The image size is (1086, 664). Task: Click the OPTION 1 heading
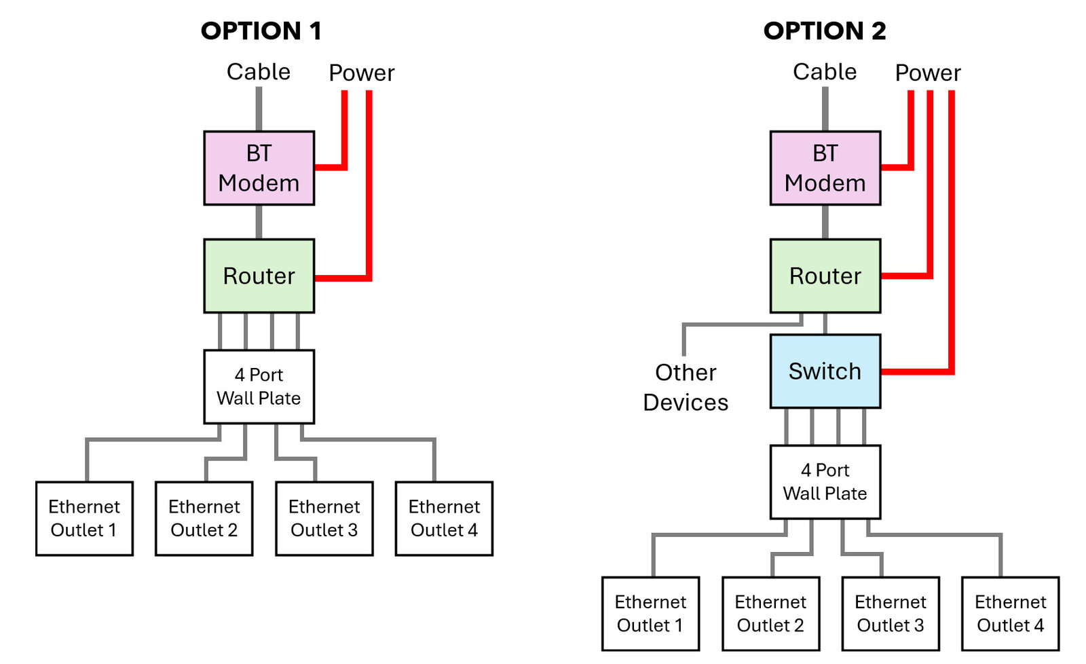coord(261,31)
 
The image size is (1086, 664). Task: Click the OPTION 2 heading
coord(825,31)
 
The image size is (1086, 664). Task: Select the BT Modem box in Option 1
coord(259,168)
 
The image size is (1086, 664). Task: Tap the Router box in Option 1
coord(259,276)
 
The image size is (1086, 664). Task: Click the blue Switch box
coord(825,371)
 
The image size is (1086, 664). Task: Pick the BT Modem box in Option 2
coord(825,168)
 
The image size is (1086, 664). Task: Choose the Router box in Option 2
coord(825,276)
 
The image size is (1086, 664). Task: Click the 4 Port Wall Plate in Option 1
coord(259,386)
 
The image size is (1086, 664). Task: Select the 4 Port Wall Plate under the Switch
coord(825,481)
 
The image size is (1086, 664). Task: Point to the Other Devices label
coord(686,387)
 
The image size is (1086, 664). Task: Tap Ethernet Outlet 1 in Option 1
coord(84,518)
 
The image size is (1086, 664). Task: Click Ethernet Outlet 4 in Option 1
coord(444,518)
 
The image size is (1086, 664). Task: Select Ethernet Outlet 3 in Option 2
coord(891,613)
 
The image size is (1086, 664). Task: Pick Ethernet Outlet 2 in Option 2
coord(770,613)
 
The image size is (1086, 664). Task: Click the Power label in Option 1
coord(361,73)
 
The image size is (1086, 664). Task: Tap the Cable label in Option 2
coord(825,71)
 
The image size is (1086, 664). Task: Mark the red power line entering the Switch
coord(916,371)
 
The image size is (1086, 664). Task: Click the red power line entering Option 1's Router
coord(343,278)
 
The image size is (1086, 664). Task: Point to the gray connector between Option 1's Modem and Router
coord(259,221)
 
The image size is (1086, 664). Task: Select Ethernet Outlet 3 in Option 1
coord(324,518)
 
